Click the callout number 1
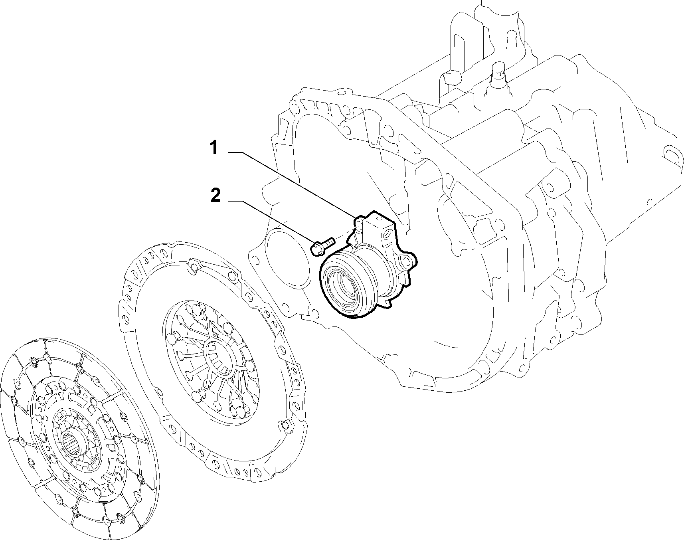click(214, 148)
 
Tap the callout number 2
click(215, 196)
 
